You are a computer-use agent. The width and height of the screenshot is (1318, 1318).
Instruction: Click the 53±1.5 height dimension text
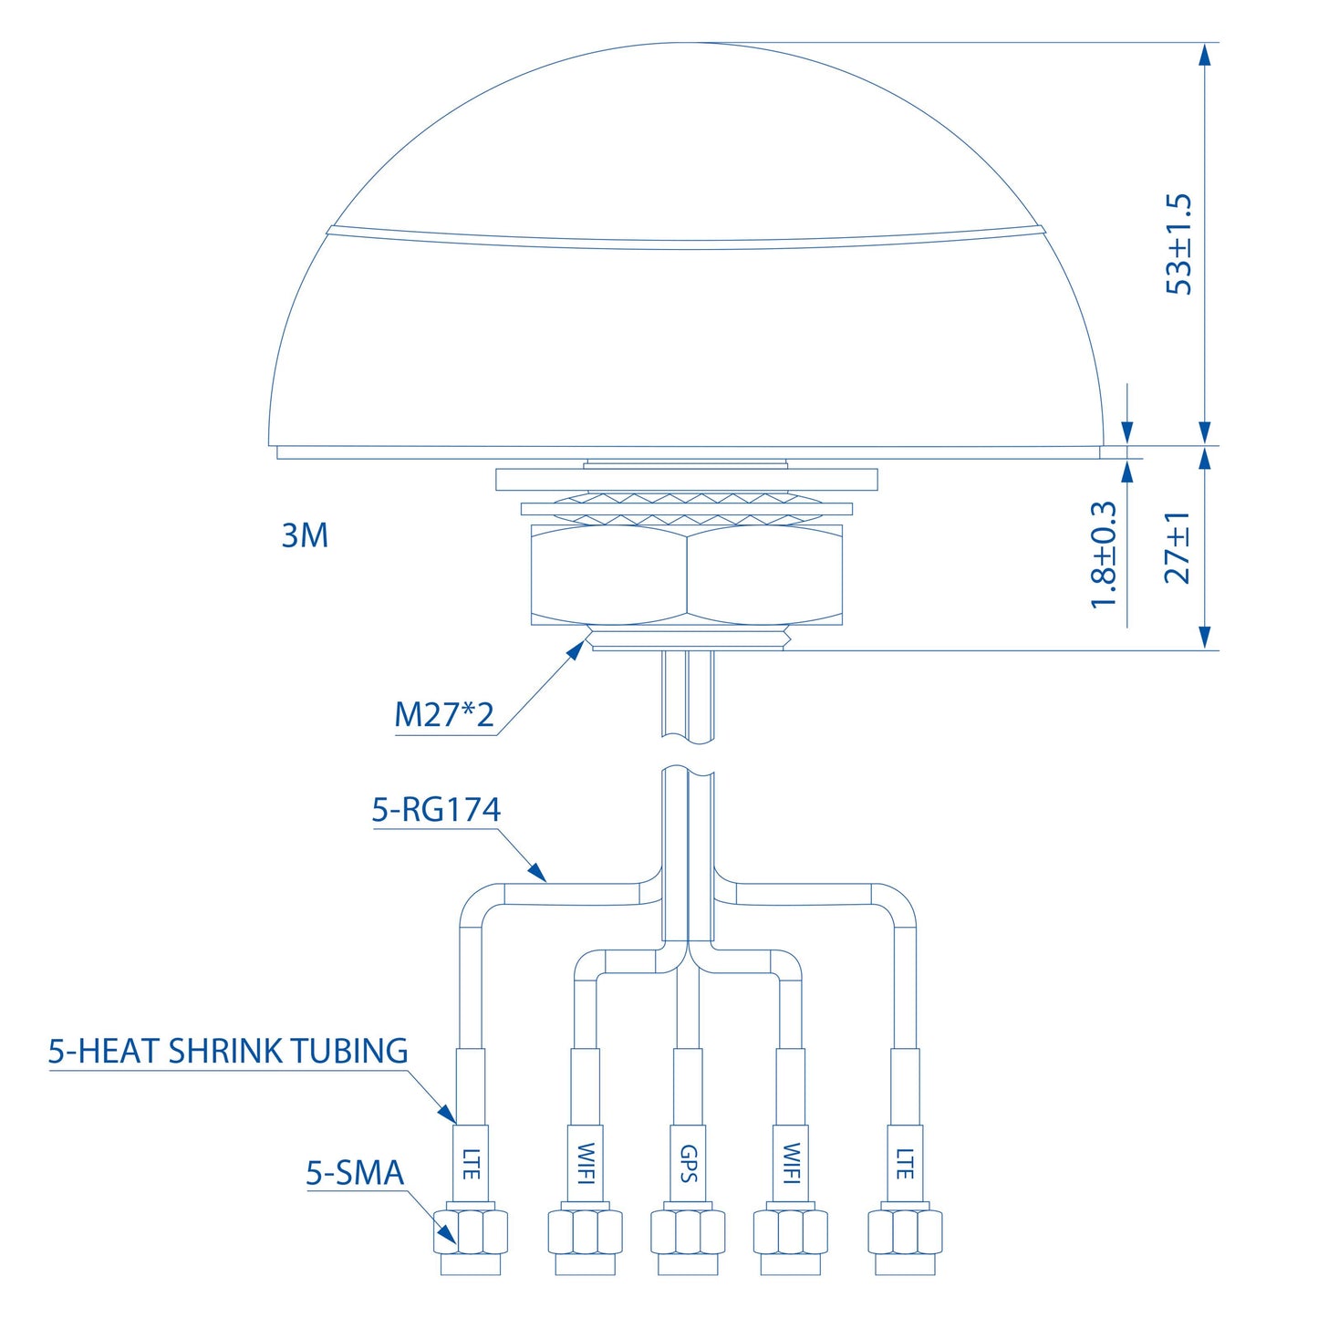(1178, 244)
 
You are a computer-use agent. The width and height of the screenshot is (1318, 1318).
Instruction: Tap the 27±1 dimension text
(1178, 547)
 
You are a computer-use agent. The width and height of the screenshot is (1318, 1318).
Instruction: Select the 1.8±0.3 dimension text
(1104, 554)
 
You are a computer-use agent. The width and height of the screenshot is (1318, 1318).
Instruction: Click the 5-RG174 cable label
(436, 810)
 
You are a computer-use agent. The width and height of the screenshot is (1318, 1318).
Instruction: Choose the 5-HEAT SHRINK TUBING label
(228, 1052)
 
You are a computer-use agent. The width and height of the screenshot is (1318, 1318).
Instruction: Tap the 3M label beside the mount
(305, 534)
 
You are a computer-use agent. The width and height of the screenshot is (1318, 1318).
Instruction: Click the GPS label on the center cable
(688, 1164)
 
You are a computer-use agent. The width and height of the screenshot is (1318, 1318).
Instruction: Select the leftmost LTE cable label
(471, 1164)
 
